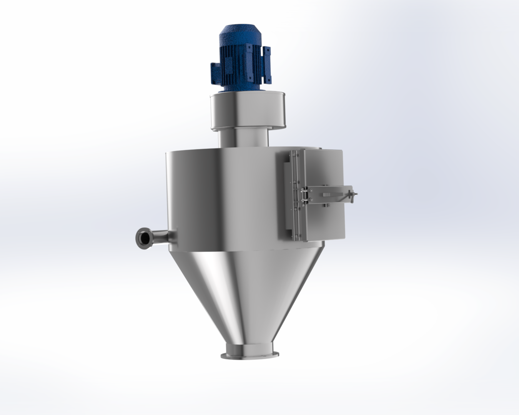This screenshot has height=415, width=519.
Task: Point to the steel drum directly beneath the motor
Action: coord(248,111)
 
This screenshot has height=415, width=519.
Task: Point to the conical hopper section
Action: coord(250,292)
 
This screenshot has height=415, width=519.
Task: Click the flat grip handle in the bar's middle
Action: coord(327,196)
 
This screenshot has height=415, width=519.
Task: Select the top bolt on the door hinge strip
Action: coord(294,154)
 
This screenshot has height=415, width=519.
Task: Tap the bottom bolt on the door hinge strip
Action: coord(296,235)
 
